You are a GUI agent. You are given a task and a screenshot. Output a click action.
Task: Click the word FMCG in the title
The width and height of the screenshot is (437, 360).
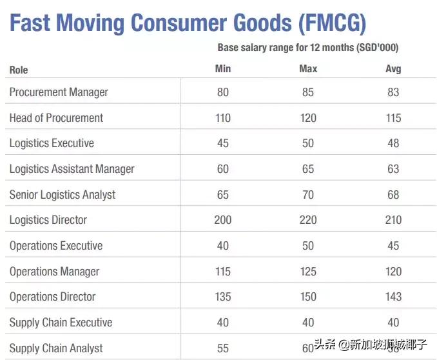pos(333,24)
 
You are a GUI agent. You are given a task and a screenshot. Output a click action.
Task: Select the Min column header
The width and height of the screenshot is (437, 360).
pos(222,69)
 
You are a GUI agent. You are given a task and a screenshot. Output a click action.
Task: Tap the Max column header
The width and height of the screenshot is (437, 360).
pos(308,69)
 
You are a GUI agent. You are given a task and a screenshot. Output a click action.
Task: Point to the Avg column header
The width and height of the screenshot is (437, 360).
pos(393,69)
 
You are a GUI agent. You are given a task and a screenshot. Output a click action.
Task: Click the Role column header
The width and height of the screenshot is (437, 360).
pos(19,70)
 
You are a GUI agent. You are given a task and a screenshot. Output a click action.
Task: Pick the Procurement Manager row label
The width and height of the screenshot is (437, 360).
pos(59,92)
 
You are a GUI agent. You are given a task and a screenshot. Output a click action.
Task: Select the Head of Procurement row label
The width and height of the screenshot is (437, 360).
pos(56,118)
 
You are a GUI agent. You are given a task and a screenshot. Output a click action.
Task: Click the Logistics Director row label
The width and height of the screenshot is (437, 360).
pos(48,220)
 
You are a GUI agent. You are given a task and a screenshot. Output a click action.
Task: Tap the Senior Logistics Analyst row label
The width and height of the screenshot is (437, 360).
pos(63,195)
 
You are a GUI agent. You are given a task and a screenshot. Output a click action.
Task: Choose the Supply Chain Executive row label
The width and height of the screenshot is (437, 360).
pos(61,323)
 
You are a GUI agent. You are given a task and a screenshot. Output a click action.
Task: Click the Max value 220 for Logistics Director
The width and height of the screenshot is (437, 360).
pos(308,220)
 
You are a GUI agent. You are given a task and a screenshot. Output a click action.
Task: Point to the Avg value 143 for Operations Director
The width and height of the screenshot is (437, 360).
pos(393,297)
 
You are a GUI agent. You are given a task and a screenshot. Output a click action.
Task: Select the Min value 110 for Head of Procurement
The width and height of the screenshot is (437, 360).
pos(222,118)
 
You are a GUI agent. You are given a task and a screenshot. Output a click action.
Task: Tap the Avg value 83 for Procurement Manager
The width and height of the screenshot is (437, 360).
pos(393,92)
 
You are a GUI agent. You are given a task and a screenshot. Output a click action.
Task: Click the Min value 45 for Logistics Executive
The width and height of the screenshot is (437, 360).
pos(222,143)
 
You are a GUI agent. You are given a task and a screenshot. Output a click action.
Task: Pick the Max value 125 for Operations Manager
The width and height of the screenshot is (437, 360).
pos(308,272)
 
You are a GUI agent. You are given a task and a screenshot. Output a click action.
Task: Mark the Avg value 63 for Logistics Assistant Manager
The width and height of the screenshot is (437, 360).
pos(393,169)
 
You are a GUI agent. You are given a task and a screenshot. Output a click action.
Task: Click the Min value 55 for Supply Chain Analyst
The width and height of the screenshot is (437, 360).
pos(222,348)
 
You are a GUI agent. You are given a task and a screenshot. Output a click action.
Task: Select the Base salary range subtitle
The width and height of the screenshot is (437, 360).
pos(312,48)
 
